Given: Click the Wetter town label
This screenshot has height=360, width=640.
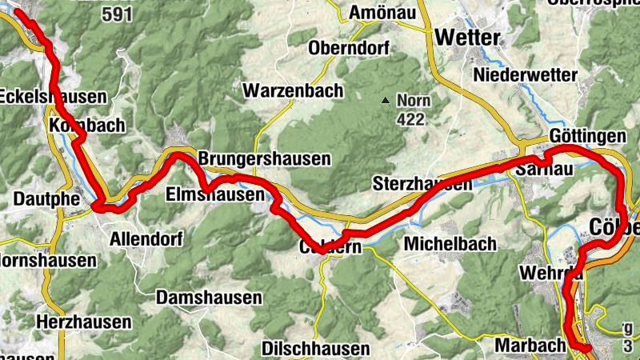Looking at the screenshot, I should pos(468,38).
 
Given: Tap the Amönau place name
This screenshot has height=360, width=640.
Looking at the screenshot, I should pos(380,13).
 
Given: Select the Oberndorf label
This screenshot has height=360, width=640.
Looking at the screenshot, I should pos(348,47).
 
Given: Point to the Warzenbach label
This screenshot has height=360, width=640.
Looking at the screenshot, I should pos(294,90).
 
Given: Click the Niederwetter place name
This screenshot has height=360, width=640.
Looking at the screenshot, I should pos(525,74).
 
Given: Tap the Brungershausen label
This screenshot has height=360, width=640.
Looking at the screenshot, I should pos(264,158).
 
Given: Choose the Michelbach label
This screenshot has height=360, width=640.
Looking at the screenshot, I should pos(450,243).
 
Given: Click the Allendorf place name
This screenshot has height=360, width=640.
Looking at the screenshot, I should pos(146,238).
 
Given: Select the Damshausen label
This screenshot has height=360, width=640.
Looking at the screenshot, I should pos(210,298).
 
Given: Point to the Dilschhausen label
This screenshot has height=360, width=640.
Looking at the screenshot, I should pos(316,349).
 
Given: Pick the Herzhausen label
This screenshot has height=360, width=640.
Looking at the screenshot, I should pos(84,322).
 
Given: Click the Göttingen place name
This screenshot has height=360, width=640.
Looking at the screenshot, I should pos(588,137).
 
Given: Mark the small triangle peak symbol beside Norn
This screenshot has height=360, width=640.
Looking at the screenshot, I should pos(386,101).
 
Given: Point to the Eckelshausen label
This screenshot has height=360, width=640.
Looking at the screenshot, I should pos(53,97).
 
